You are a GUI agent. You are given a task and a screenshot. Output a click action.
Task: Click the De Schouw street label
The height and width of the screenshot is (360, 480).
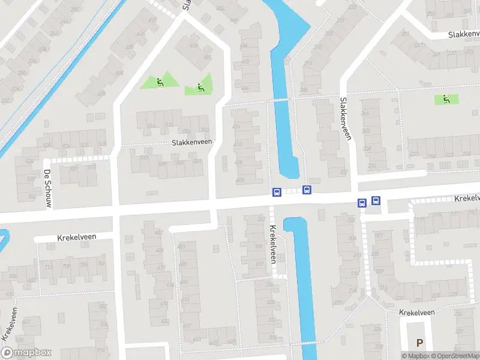click(47, 188)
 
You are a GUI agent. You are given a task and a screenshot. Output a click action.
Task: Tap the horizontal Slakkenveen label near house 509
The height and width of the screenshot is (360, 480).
click(191, 142)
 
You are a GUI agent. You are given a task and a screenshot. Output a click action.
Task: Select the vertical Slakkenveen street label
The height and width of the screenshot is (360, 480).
click(345, 119)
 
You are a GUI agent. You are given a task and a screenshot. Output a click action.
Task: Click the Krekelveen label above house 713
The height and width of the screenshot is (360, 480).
click(77, 237)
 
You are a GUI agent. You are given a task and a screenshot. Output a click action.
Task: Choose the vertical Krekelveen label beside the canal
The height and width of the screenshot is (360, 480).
click(273, 244)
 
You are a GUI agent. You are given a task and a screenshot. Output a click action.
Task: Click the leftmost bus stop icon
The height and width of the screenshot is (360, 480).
click(277, 192)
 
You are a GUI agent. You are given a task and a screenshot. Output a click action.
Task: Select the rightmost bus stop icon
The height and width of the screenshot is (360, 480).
click(376, 201)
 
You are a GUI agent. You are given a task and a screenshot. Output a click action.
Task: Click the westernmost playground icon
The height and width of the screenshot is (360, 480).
click(159, 82)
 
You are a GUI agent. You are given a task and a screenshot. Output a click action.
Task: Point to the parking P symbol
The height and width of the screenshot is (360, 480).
click(419, 343)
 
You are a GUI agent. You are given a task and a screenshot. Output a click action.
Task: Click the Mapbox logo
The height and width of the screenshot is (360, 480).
click(26, 353)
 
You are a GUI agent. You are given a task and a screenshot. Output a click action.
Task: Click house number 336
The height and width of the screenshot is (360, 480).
click(273, 337)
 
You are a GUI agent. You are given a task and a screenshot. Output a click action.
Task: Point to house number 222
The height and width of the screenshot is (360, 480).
click(337, 302)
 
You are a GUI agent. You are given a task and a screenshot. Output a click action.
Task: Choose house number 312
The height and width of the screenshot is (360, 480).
click(259, 263)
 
